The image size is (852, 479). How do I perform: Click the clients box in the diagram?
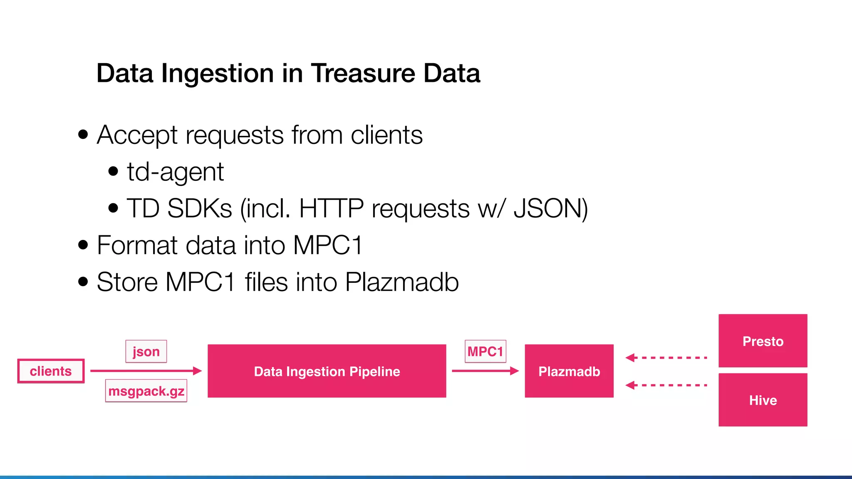(x=51, y=371)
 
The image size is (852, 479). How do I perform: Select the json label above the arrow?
(x=146, y=351)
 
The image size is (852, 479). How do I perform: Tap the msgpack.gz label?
(x=146, y=391)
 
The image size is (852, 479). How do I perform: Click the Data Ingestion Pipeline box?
(x=327, y=371)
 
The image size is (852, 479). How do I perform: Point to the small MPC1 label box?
(x=485, y=351)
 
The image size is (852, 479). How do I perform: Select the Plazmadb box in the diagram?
(x=569, y=371)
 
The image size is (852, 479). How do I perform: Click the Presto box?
(x=763, y=341)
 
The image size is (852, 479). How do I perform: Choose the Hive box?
(x=763, y=400)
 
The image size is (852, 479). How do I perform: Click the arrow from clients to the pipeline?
(x=146, y=370)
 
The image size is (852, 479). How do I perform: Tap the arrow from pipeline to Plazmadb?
(x=485, y=370)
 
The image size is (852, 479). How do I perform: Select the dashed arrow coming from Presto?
(x=666, y=358)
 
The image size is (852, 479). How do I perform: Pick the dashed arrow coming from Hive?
(x=666, y=385)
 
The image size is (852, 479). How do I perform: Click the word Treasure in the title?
(x=363, y=73)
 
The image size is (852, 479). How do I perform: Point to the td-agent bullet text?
(x=175, y=171)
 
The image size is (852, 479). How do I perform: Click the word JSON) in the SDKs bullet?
(x=550, y=208)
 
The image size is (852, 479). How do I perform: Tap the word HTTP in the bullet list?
(x=331, y=208)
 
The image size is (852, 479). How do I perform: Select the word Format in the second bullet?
(x=137, y=245)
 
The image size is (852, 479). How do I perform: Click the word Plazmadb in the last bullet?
(x=402, y=282)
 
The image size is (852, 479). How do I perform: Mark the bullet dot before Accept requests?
(x=83, y=135)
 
